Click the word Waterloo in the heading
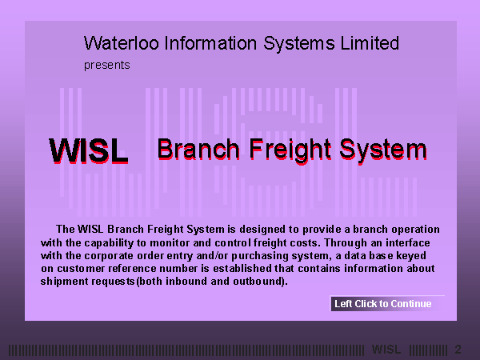(122, 43)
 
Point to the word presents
(107, 66)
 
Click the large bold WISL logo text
(89, 150)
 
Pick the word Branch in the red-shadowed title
(198, 150)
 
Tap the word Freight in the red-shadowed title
(290, 151)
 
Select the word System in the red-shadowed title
(383, 151)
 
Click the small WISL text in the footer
(386, 350)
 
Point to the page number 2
(458, 350)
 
